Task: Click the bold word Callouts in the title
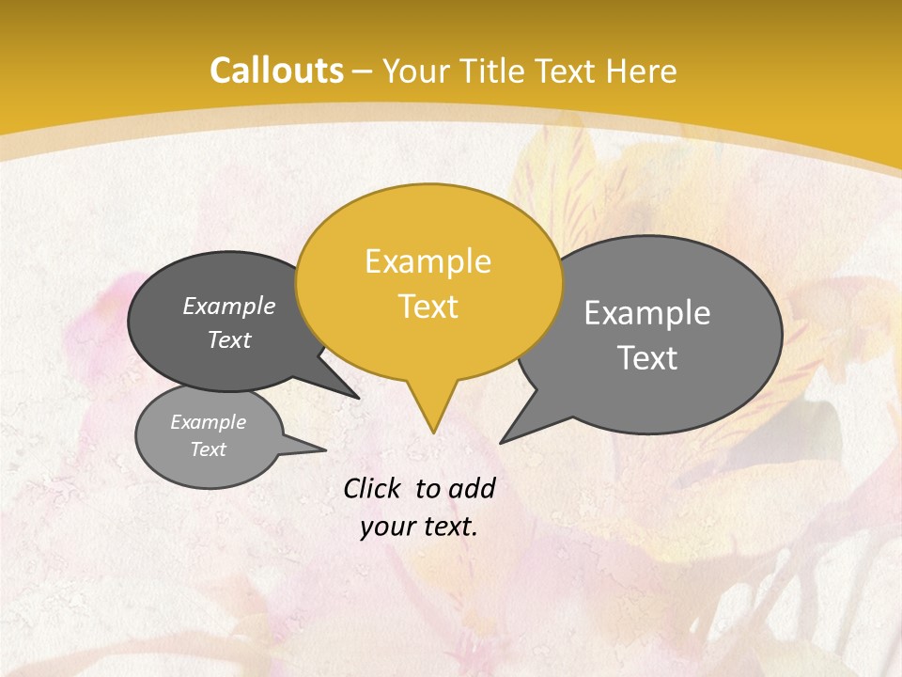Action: click(276, 71)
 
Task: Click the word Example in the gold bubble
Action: click(428, 261)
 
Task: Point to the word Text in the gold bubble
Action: click(428, 307)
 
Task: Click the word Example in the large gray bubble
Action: click(647, 313)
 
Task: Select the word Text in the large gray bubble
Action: click(648, 358)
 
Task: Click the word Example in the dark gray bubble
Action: click(229, 306)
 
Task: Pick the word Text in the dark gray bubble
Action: click(229, 339)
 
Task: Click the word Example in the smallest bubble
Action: click(209, 422)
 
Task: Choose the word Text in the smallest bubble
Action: click(209, 449)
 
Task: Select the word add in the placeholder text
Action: click(471, 488)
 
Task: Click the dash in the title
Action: click(364, 71)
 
